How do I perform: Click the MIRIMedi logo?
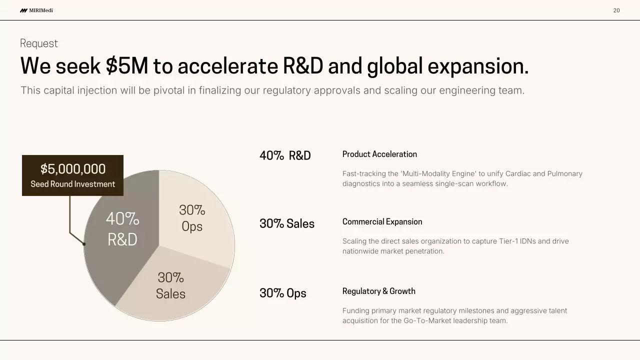tap(36, 10)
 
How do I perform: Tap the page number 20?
tap(616, 10)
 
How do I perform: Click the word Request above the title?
tap(39, 43)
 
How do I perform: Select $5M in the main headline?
tap(127, 66)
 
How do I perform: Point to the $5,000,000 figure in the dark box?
tap(73, 169)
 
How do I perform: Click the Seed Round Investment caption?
tap(73, 184)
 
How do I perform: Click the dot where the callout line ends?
tap(84, 244)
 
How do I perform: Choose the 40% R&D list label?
tap(285, 155)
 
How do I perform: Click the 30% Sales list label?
tap(287, 223)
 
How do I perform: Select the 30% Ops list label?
tap(283, 293)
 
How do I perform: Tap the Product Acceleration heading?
tap(379, 154)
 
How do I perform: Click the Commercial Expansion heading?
tap(382, 221)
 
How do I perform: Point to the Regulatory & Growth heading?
tap(378, 291)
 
